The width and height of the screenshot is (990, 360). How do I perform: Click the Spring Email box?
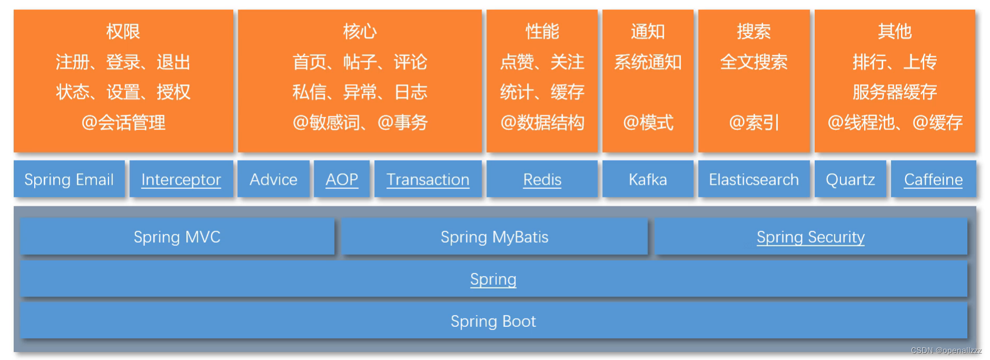pyautogui.click(x=69, y=179)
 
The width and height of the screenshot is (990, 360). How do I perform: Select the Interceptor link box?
pyautogui.click(x=181, y=179)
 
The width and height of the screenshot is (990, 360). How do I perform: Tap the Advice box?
pyautogui.click(x=273, y=179)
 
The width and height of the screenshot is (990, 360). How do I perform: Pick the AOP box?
pyautogui.click(x=342, y=179)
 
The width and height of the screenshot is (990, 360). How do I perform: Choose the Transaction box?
pyautogui.click(x=427, y=179)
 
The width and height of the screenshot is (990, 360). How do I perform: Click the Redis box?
pyautogui.click(x=542, y=179)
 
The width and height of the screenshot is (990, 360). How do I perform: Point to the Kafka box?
pyautogui.click(x=647, y=179)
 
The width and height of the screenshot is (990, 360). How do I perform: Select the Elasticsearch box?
pyautogui.click(x=753, y=179)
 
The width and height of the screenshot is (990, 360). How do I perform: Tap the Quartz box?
pyautogui.click(x=850, y=179)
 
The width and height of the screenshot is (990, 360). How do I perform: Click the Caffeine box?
pyautogui.click(x=933, y=179)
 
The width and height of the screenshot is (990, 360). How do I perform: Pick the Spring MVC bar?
pyautogui.click(x=177, y=237)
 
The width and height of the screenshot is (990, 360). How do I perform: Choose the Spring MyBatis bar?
pyautogui.click(x=494, y=237)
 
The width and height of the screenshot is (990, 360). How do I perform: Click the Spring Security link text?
pyautogui.click(x=810, y=237)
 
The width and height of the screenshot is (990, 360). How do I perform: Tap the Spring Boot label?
pyautogui.click(x=493, y=321)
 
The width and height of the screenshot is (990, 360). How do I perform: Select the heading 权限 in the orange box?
pyautogui.click(x=123, y=31)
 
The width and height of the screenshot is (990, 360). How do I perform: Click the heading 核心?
pyautogui.click(x=359, y=31)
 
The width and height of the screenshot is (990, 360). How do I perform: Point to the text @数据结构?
pyautogui.click(x=542, y=123)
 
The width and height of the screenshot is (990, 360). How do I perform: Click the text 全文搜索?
pyautogui.click(x=753, y=62)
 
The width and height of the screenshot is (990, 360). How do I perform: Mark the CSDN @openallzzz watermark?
pyautogui.click(x=945, y=351)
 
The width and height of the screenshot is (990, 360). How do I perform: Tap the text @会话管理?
pyautogui.click(x=123, y=123)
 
